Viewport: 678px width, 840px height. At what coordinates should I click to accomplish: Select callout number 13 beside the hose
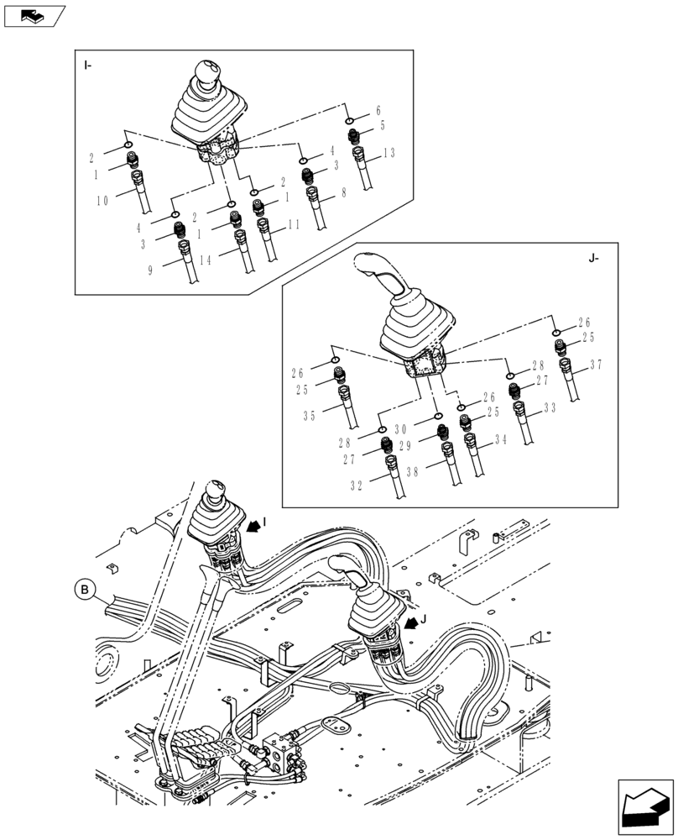tap(388, 154)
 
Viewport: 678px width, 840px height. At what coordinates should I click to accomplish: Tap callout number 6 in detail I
tap(378, 111)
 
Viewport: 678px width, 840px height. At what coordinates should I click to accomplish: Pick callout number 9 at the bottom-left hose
tap(149, 270)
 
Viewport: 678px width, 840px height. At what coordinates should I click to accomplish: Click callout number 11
tap(293, 224)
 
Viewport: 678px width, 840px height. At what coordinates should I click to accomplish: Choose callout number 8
tap(342, 193)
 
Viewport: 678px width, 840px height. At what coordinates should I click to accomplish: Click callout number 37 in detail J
tap(596, 365)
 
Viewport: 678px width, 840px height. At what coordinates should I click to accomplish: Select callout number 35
tap(309, 415)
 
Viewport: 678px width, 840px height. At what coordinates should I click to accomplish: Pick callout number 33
tap(550, 408)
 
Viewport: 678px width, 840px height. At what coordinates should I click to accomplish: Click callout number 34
tap(501, 439)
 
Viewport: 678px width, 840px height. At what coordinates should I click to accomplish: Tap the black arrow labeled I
tap(252, 527)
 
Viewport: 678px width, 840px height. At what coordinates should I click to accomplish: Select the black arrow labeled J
tap(410, 625)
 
